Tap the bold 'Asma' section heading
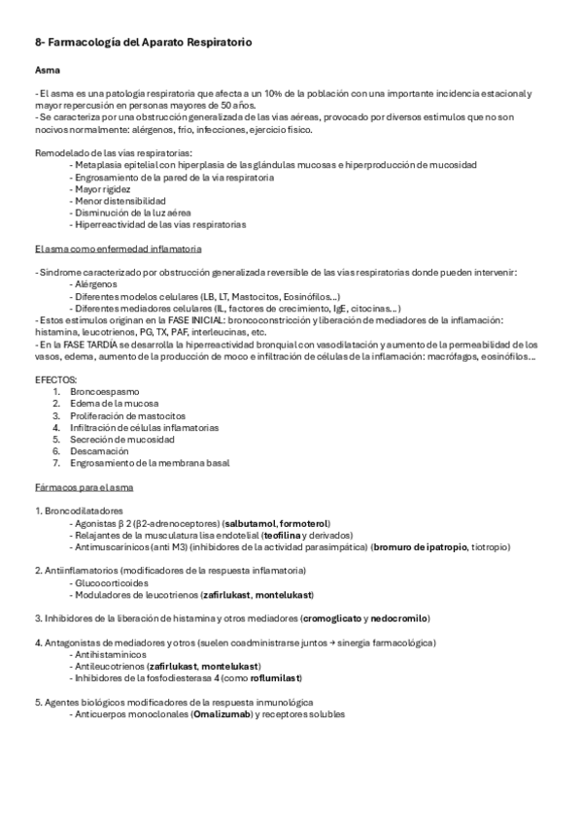coord(45,72)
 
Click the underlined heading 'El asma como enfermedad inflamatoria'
coord(118,248)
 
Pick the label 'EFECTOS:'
coord(56,379)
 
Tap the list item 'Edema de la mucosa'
coord(115,403)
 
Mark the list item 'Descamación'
coord(99,451)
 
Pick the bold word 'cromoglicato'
coord(335,618)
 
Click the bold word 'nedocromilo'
coord(399,618)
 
